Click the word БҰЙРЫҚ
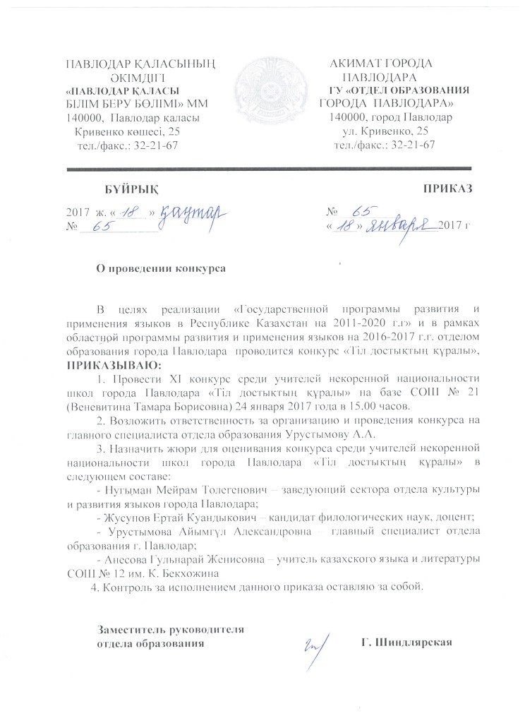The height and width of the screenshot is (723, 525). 127,189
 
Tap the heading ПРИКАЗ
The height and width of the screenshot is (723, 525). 447,189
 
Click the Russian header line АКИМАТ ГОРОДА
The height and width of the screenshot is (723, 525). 381,64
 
